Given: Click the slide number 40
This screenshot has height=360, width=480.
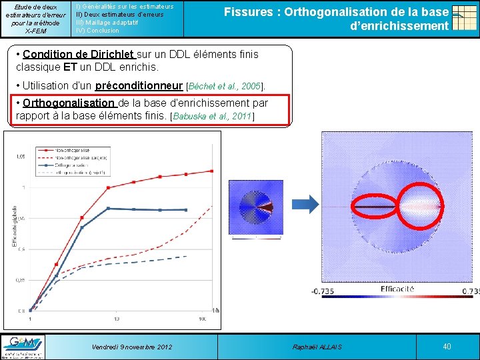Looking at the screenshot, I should [x=447, y=346].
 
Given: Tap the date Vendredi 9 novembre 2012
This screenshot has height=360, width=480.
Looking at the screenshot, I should [x=131, y=347].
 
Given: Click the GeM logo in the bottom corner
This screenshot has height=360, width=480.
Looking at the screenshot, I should [x=23, y=346].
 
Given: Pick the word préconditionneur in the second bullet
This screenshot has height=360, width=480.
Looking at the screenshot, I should [x=139, y=85].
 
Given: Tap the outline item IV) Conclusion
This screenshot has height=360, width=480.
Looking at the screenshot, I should [x=98, y=31].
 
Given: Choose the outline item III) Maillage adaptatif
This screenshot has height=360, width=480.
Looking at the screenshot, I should [x=107, y=23].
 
